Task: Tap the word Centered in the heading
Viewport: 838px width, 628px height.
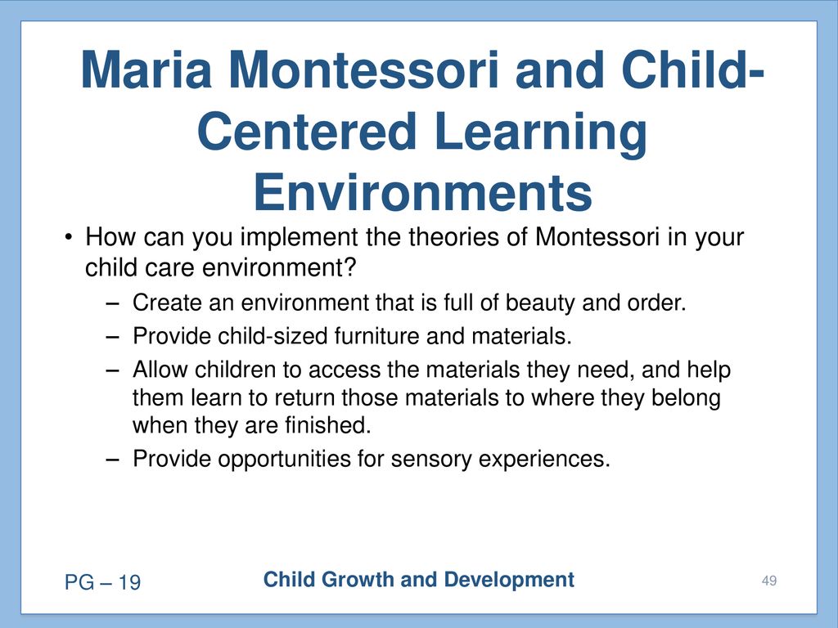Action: tap(307, 131)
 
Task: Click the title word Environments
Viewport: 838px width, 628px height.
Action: tap(423, 192)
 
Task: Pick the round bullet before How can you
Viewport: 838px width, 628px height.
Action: tap(67, 236)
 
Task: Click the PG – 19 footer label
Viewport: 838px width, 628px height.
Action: tap(102, 582)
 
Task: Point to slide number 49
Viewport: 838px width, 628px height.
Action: tap(769, 581)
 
